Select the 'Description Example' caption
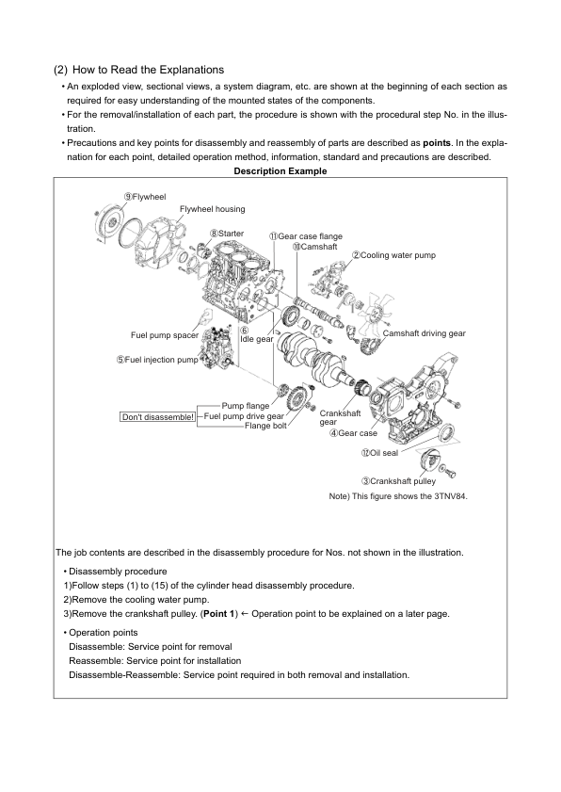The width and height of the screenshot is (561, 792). pyautogui.click(x=280, y=171)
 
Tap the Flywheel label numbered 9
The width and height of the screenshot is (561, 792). pyautogui.click(x=145, y=197)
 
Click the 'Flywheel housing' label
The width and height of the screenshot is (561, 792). pyautogui.click(x=213, y=209)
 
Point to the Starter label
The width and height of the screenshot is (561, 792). pyautogui.click(x=227, y=234)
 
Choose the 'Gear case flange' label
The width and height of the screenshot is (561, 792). pyautogui.click(x=306, y=236)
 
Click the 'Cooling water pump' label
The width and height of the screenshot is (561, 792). pyautogui.click(x=393, y=255)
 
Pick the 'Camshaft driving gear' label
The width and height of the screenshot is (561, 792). pyautogui.click(x=425, y=333)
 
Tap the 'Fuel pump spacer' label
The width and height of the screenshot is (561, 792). pyautogui.click(x=165, y=335)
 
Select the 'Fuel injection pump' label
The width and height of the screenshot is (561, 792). pyautogui.click(x=157, y=360)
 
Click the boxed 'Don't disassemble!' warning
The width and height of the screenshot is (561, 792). pyautogui.click(x=158, y=417)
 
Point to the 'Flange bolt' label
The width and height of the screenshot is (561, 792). pyautogui.click(x=265, y=426)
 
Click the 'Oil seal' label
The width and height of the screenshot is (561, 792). pyautogui.click(x=379, y=453)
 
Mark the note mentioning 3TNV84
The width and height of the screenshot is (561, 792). pyautogui.click(x=398, y=496)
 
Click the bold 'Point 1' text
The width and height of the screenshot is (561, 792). pyautogui.click(x=218, y=614)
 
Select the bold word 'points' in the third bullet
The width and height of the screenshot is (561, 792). pyautogui.click(x=436, y=143)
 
